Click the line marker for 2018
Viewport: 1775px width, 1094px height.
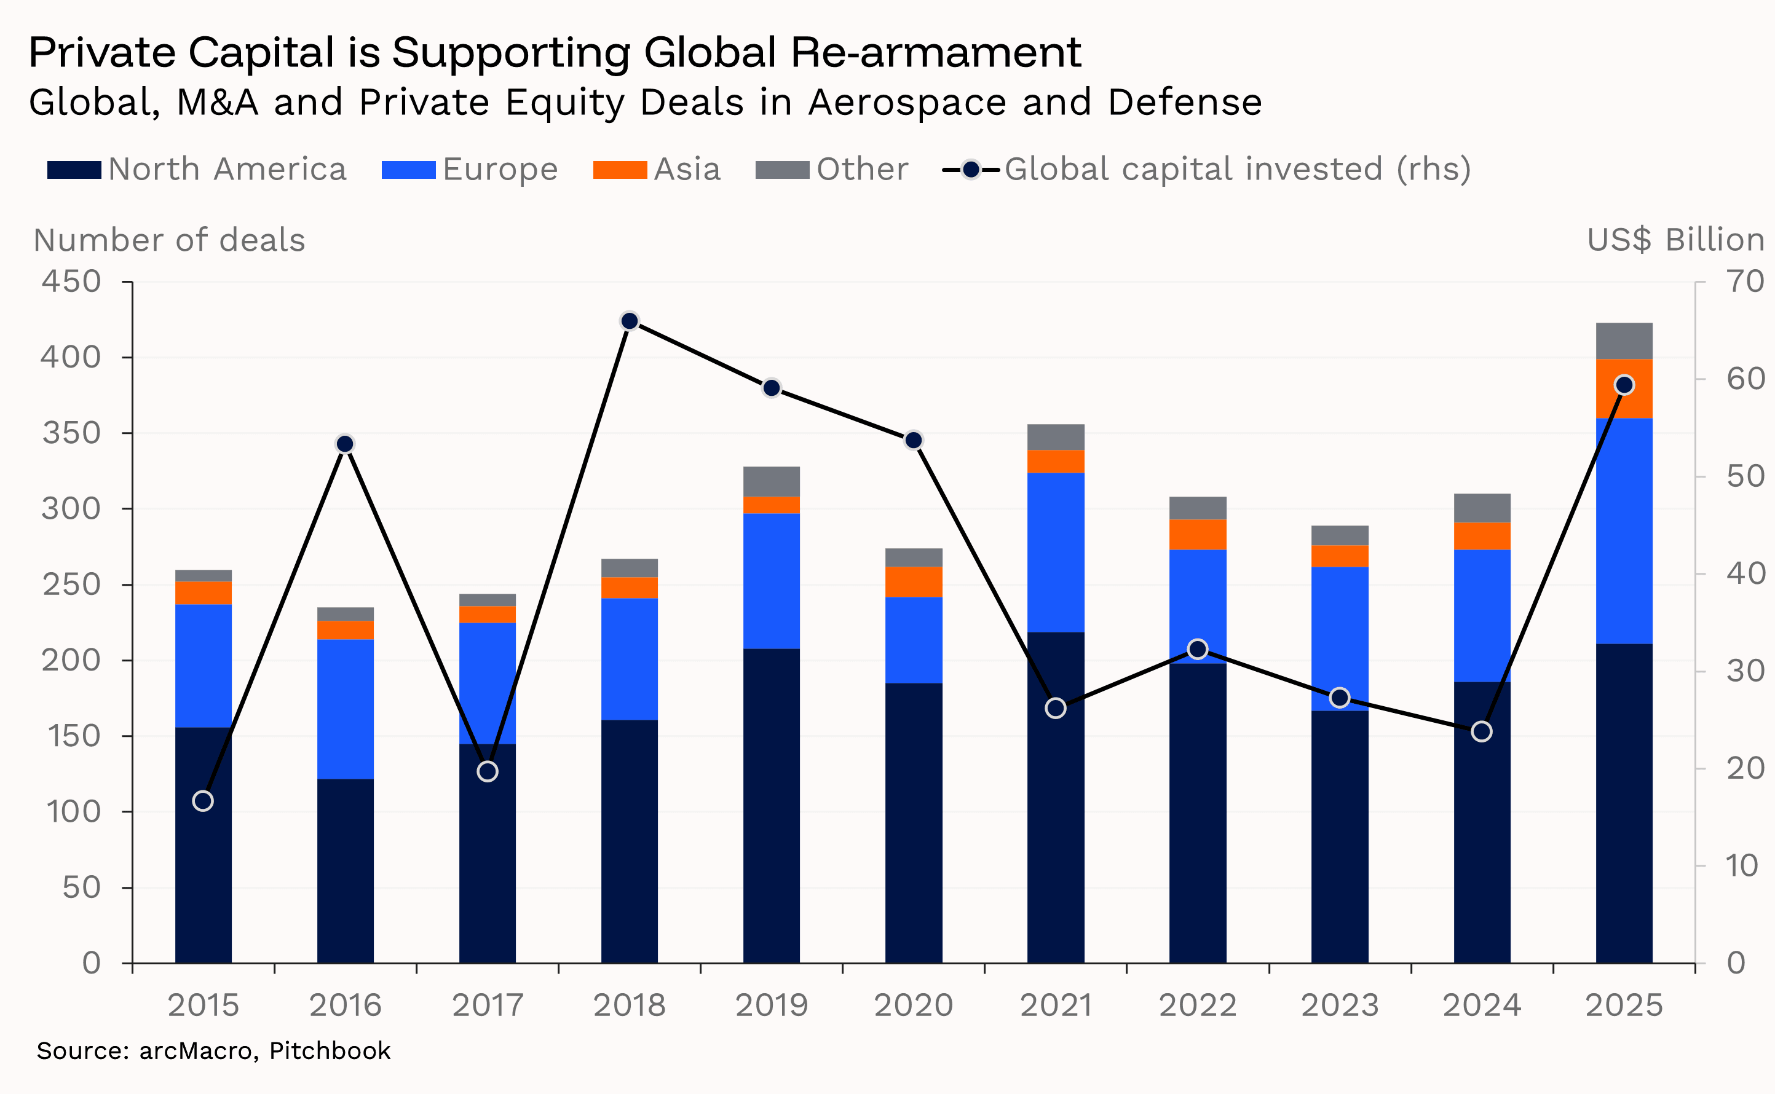(x=630, y=321)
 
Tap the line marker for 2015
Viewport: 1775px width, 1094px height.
(x=204, y=801)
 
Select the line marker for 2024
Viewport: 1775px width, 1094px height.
(x=1482, y=731)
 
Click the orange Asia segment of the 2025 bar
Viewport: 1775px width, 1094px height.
(x=1624, y=388)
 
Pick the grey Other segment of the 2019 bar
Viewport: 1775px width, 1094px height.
(x=772, y=481)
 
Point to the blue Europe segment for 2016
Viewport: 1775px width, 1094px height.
(x=345, y=709)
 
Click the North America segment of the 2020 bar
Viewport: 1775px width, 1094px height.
(x=914, y=823)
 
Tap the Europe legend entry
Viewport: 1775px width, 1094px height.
(x=470, y=169)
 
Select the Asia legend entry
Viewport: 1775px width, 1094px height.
(x=657, y=169)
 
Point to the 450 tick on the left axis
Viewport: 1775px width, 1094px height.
(x=71, y=281)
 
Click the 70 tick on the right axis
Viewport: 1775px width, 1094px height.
(x=1745, y=281)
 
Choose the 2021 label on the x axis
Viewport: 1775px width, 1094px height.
(x=1056, y=1005)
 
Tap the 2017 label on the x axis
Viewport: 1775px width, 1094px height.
(x=488, y=1005)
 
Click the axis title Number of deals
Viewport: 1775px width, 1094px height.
(x=169, y=240)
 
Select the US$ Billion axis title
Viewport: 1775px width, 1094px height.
(x=1675, y=240)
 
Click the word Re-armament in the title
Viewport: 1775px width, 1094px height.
(x=936, y=52)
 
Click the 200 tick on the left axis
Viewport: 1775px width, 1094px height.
(x=71, y=660)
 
